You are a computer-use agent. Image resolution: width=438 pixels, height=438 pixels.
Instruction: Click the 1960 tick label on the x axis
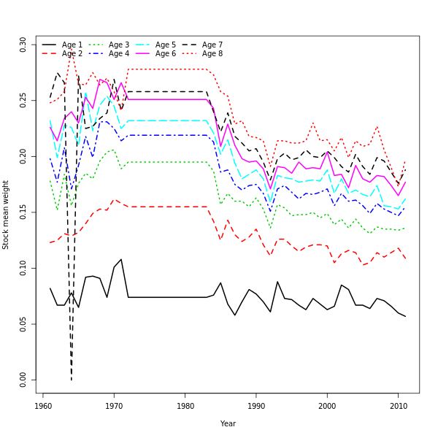point(43,405)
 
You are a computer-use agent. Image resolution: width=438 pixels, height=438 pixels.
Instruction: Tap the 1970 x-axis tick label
point(114,405)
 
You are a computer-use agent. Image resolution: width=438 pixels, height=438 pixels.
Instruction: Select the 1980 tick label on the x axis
point(185,405)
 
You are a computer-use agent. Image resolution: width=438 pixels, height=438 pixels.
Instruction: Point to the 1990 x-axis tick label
point(256,405)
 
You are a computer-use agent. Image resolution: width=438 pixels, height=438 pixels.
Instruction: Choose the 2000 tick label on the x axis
point(327,405)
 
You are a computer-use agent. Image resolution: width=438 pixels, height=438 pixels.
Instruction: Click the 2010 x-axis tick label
point(398,405)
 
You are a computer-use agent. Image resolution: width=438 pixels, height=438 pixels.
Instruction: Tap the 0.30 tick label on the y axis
point(23,45)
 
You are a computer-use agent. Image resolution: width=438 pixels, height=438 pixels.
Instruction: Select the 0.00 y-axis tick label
point(23,380)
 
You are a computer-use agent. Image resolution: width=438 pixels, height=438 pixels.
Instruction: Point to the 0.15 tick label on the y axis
point(23,212)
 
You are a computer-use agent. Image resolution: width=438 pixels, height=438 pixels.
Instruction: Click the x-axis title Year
point(228,423)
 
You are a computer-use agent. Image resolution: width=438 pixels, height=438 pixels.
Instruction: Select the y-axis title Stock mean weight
point(7,215)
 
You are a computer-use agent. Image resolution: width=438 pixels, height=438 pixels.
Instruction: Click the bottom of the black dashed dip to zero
point(72,380)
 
